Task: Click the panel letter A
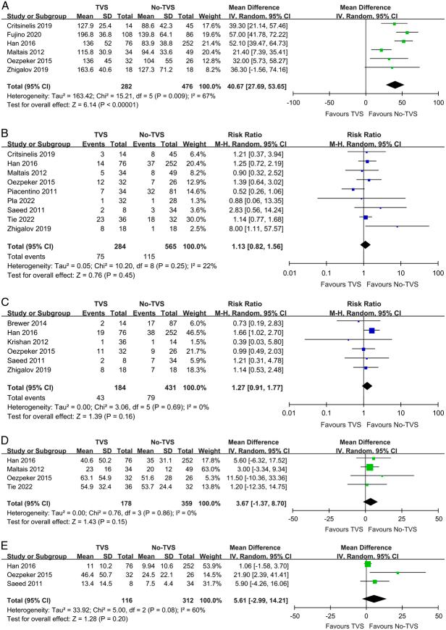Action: (5, 5)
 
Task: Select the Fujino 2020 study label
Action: (22, 33)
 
